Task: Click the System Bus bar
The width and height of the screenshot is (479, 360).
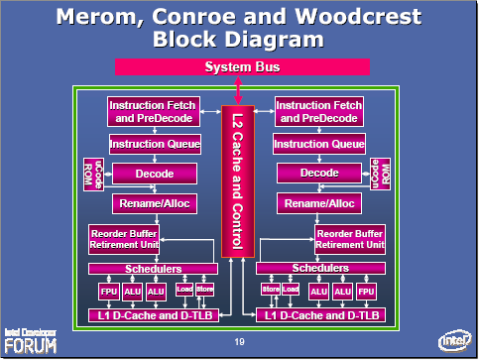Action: point(242,66)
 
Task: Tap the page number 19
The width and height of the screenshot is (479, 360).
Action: point(240,342)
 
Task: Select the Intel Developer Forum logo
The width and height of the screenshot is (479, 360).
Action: point(30,339)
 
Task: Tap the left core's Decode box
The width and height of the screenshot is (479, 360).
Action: point(155,174)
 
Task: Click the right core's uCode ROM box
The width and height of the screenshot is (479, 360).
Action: point(376,173)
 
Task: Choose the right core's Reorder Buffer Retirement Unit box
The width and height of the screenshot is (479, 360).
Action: point(349,239)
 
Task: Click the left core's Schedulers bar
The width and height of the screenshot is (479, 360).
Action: point(154,269)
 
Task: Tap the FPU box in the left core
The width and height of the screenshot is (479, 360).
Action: point(108,292)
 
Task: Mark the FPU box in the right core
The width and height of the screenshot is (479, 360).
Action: point(366,292)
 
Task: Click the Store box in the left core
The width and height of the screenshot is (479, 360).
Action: point(204,289)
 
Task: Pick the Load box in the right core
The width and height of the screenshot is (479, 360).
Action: point(290,289)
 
